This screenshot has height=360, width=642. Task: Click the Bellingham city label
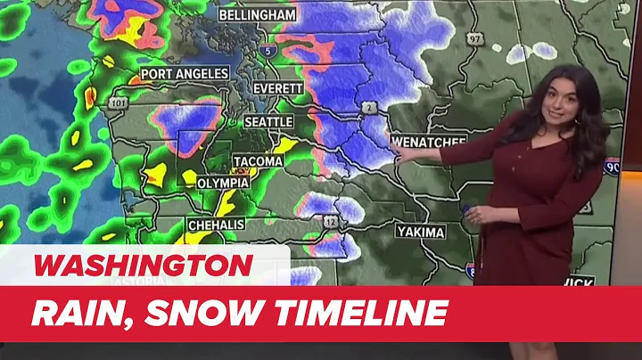tap(258, 16)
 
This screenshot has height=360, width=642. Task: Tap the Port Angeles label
tap(185, 73)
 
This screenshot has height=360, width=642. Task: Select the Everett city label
tap(278, 89)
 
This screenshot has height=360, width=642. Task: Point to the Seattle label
tap(268, 121)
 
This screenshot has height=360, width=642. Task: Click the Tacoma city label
tap(258, 161)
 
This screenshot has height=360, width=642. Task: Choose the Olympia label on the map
tap(222, 182)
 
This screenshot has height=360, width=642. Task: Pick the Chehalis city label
tap(217, 225)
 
